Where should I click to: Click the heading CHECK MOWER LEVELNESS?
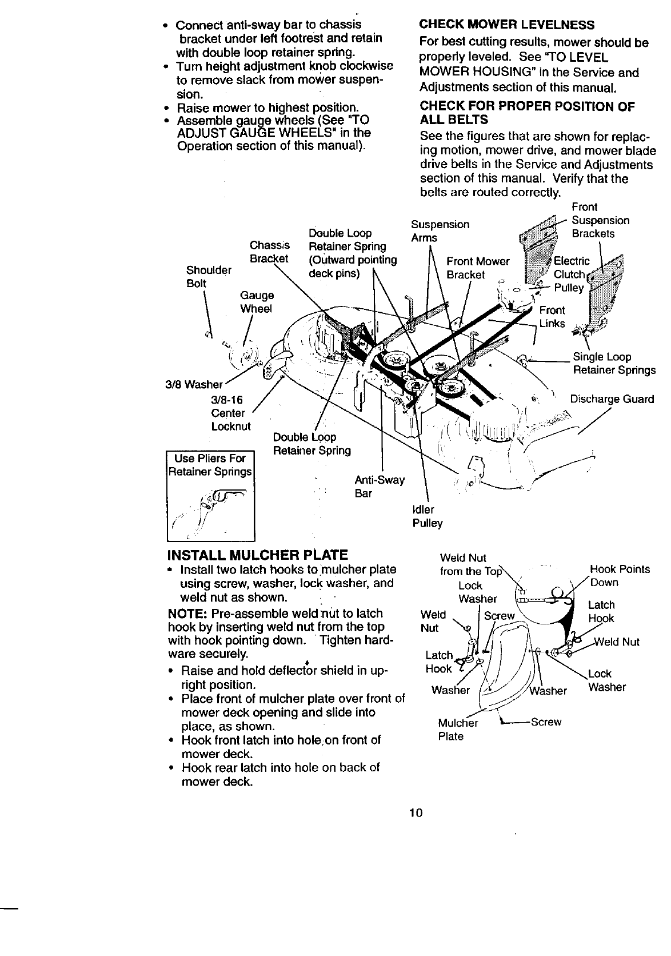[x=506, y=25]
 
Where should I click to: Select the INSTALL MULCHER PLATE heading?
[x=257, y=555]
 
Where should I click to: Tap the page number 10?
[x=415, y=812]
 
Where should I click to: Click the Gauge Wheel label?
[x=257, y=302]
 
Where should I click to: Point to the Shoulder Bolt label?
[x=209, y=277]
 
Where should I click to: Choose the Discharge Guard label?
[x=612, y=399]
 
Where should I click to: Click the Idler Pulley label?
[x=427, y=516]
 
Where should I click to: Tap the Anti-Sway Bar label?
[x=379, y=486]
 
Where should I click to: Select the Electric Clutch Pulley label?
[x=572, y=274]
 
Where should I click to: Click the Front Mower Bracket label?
[x=477, y=268]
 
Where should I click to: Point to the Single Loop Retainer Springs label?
[x=614, y=364]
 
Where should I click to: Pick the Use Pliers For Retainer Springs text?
[x=210, y=465]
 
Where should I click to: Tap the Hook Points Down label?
[x=619, y=576]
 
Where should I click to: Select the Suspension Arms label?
[x=440, y=231]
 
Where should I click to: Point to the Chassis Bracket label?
[x=269, y=252]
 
